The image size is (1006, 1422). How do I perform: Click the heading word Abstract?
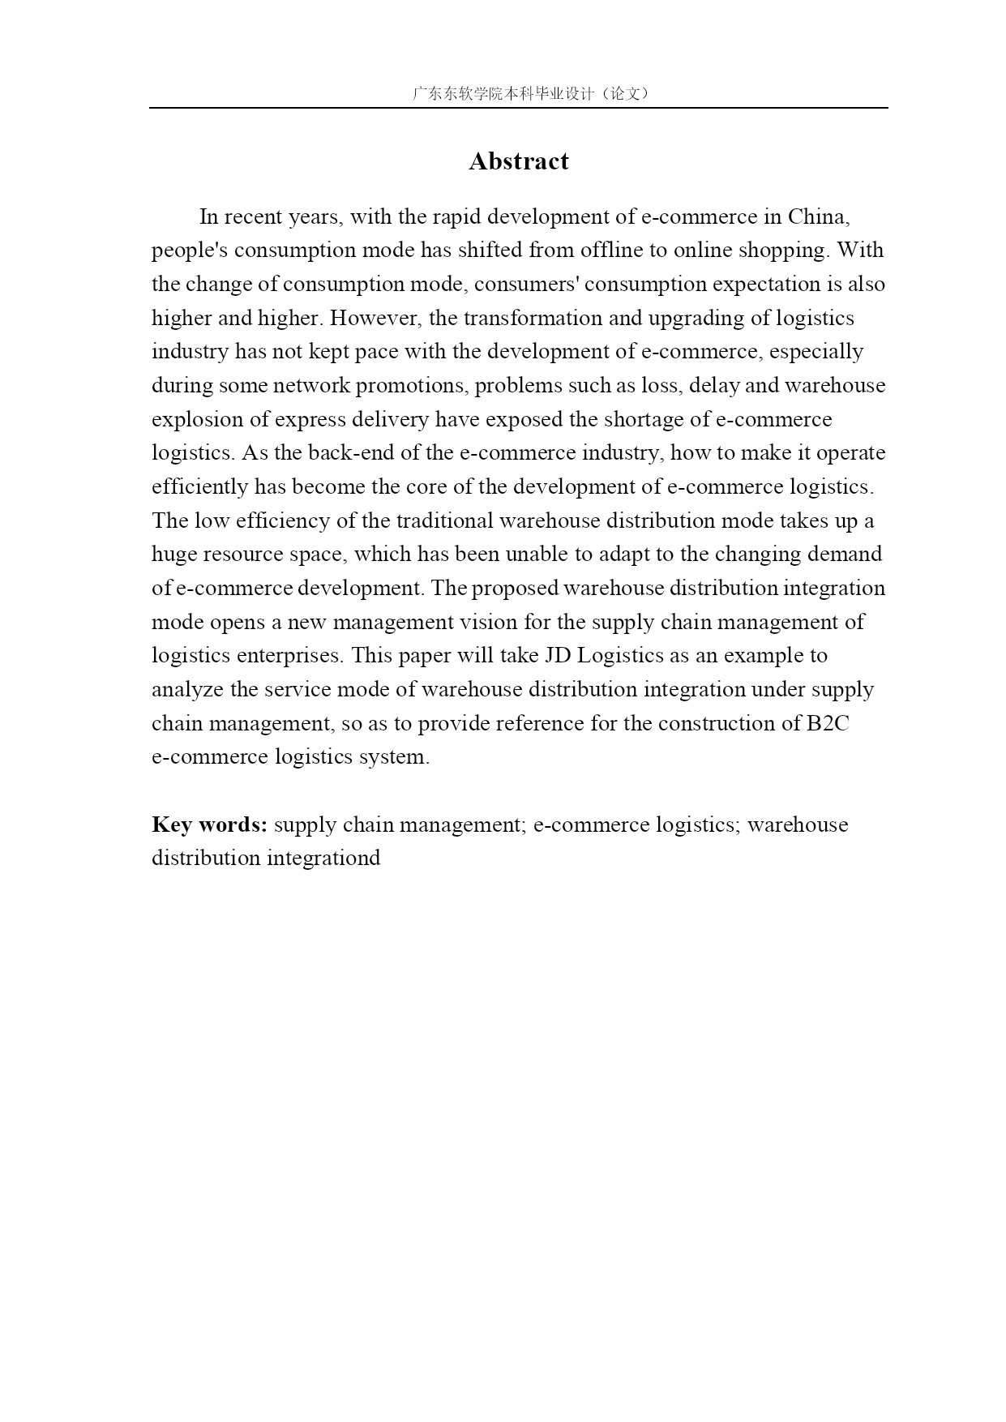pos(519,161)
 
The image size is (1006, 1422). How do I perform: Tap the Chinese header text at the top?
pos(530,93)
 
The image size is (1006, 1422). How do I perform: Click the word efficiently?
pos(200,486)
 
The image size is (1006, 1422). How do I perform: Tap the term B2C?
pos(828,723)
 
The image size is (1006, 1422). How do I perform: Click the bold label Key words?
pos(209,825)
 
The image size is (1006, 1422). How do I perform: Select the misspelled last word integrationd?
pos(323,858)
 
